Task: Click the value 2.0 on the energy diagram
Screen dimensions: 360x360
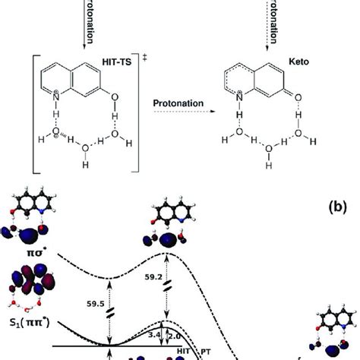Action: click(x=175, y=335)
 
